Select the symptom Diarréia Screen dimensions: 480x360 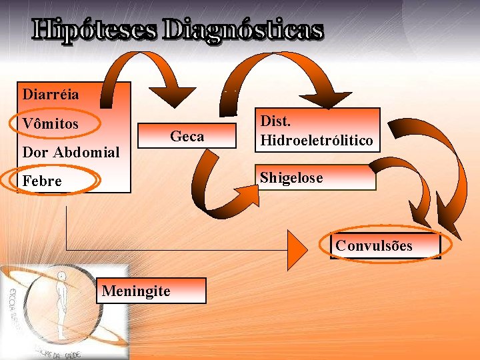tap(50, 94)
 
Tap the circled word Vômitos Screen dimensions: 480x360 tap(50, 124)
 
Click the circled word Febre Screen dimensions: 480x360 tap(41, 181)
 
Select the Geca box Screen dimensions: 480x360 tap(187, 137)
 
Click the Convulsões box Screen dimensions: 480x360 tap(385, 245)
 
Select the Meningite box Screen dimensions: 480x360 tap(151, 291)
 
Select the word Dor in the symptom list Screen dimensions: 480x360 tap(33, 152)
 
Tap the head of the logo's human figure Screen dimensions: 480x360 tap(61, 276)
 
